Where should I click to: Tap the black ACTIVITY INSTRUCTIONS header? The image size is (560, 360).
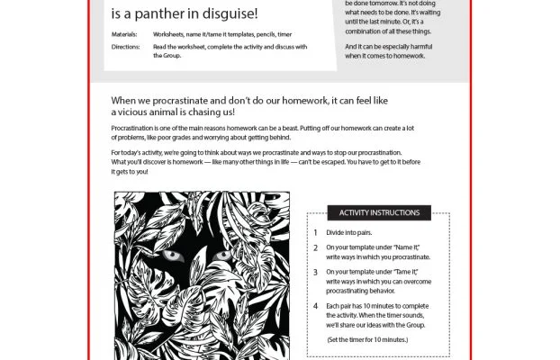click(x=379, y=212)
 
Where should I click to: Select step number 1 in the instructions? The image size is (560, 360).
click(x=315, y=231)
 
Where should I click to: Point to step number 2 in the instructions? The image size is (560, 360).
click(x=315, y=246)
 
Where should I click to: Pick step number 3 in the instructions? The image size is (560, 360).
click(x=315, y=271)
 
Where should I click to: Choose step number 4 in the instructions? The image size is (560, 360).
click(x=315, y=305)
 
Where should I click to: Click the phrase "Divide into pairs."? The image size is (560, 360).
click(x=351, y=231)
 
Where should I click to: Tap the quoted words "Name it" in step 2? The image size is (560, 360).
click(x=407, y=246)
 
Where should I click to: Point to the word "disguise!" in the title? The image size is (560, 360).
click(x=230, y=13)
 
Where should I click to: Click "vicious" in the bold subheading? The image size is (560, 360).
click(x=131, y=112)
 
